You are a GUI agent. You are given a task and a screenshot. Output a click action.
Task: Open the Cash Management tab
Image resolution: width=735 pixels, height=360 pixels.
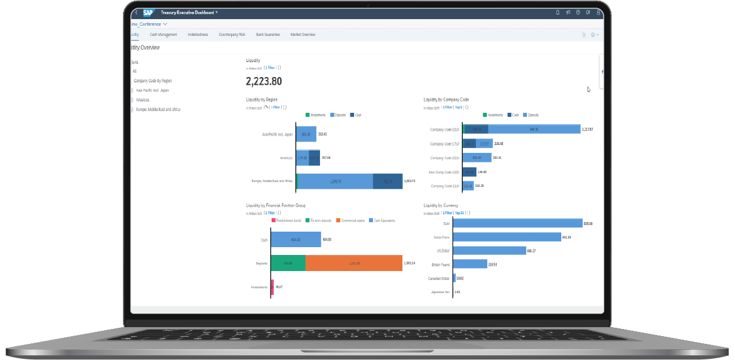point(163,35)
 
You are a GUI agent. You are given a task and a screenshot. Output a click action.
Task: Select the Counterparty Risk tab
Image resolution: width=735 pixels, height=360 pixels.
point(232,35)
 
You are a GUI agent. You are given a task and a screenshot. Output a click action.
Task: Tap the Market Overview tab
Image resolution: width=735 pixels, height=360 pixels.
point(303,35)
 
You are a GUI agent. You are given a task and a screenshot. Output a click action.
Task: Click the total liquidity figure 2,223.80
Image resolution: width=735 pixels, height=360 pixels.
point(264,81)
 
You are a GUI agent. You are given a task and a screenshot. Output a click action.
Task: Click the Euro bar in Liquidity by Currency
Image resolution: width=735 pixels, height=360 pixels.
point(518,223)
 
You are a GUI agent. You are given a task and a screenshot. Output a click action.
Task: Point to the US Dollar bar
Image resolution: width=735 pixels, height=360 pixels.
point(490,251)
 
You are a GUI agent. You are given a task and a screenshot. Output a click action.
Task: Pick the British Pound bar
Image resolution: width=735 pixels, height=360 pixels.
point(470,264)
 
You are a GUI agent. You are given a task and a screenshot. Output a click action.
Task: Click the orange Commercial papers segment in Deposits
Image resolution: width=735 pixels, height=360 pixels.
point(353,263)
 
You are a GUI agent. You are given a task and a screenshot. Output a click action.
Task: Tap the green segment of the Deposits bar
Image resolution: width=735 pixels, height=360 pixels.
point(288,263)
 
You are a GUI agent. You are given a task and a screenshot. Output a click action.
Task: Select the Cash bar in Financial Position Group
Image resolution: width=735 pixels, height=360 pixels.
point(296,239)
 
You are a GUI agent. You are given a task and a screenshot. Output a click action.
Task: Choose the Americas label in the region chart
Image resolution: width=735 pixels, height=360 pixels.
point(285,158)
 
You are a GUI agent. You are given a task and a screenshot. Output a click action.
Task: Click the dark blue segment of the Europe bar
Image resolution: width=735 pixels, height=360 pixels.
point(388,181)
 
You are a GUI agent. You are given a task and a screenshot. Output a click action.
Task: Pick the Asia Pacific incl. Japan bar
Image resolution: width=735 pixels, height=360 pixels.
point(306,134)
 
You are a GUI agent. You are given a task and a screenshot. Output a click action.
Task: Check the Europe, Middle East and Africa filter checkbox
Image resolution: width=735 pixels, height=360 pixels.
point(132,110)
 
